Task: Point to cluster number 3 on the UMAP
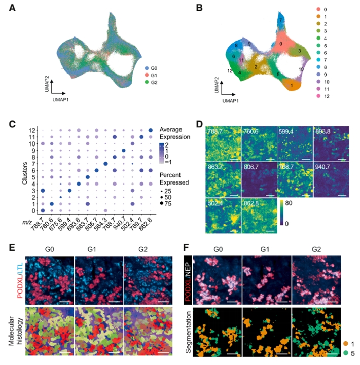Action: (299, 52)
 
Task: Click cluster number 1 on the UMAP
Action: (292, 86)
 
